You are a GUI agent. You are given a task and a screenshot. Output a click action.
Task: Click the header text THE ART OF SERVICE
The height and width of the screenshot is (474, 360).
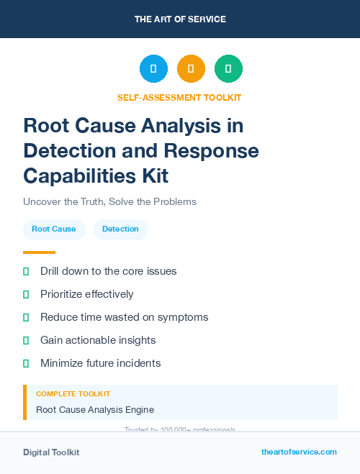180,19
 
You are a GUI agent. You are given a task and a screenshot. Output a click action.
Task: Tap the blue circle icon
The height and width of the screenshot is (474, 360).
153,69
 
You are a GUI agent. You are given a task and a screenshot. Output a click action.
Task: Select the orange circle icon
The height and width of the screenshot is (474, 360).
191,69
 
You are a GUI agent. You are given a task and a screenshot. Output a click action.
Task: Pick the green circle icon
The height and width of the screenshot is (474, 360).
228,69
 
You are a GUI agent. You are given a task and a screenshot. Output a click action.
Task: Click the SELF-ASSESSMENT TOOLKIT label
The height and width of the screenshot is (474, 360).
179,97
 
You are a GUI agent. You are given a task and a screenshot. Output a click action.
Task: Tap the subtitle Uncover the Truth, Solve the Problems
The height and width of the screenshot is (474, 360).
109,201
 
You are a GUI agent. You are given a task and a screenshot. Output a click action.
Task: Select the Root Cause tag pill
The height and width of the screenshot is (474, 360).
54,229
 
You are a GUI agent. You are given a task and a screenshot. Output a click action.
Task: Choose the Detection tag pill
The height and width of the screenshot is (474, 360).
120,229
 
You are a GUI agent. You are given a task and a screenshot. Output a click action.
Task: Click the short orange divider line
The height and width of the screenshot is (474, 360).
39,252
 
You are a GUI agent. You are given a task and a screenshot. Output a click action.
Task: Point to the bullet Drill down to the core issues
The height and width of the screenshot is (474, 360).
108,271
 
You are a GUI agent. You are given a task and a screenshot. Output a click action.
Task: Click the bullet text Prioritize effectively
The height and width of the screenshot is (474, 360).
86,294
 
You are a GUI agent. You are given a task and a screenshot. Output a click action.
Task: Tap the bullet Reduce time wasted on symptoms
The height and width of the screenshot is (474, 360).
124,317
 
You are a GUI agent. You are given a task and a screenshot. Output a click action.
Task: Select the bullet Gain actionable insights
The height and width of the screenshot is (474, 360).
98,340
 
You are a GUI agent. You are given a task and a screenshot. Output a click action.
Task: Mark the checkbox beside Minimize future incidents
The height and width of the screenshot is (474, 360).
27,363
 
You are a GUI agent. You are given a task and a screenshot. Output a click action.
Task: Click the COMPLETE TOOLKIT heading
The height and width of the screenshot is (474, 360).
73,394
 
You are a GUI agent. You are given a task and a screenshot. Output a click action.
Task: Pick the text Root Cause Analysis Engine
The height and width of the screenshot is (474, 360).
94,410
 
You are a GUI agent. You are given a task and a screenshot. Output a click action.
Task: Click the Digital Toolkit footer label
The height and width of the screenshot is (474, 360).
51,452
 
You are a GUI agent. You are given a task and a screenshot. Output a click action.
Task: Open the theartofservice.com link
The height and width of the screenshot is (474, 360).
299,452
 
